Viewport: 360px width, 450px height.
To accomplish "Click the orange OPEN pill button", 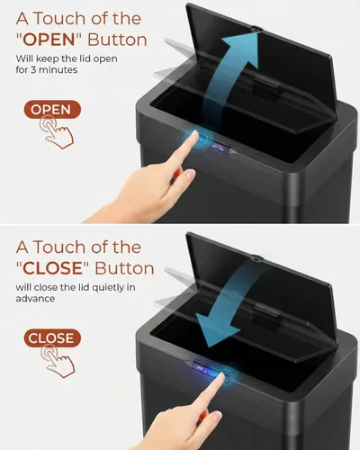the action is point(52,110).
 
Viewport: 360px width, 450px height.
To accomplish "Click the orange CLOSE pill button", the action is point(52,338).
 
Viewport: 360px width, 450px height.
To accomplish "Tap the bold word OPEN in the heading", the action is point(49,40).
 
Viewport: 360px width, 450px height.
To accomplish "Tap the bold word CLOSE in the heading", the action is point(52,268).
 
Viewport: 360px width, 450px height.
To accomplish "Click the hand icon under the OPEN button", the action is point(57,132).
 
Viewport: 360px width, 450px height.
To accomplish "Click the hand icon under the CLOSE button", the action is point(58,361).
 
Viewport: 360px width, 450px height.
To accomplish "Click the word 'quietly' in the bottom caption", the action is point(108,288).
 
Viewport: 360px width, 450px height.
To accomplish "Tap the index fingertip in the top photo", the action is point(194,133).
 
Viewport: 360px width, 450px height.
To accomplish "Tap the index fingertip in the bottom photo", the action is point(221,376).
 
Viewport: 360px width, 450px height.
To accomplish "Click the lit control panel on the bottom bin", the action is point(202,368).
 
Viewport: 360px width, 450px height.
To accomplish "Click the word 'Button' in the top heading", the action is point(117,40).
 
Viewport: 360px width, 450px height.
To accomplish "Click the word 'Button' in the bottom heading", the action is point(124,268).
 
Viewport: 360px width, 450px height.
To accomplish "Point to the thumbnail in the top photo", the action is point(191,174).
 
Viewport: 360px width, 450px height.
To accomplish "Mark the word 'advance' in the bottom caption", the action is point(35,299).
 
